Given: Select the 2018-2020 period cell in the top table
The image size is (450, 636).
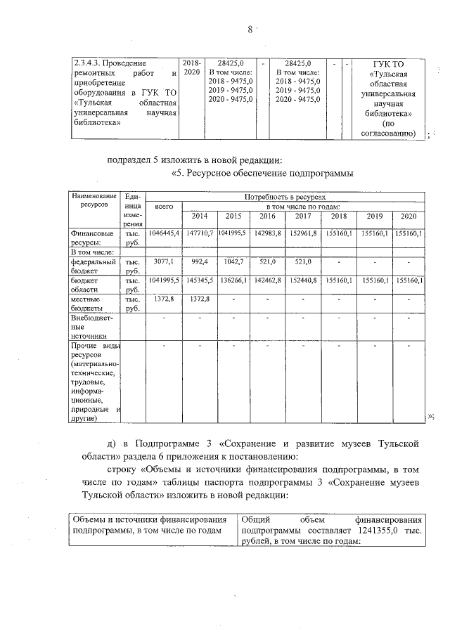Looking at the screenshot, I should [x=191, y=67].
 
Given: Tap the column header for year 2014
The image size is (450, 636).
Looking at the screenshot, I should [x=198, y=216].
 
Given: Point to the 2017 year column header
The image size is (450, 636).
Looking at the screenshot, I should [x=303, y=216].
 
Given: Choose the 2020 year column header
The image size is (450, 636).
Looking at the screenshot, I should [x=408, y=216].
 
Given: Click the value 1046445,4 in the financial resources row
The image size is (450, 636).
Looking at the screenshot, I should [x=163, y=233].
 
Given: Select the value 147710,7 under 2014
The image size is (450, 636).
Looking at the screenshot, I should [x=198, y=233].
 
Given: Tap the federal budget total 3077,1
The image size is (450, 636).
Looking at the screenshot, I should [x=163, y=261].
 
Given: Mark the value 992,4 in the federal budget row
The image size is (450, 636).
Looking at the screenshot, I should [x=198, y=261].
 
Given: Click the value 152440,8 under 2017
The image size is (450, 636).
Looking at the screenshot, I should [x=303, y=280].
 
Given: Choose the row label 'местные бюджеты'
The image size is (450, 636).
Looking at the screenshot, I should [x=91, y=303].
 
